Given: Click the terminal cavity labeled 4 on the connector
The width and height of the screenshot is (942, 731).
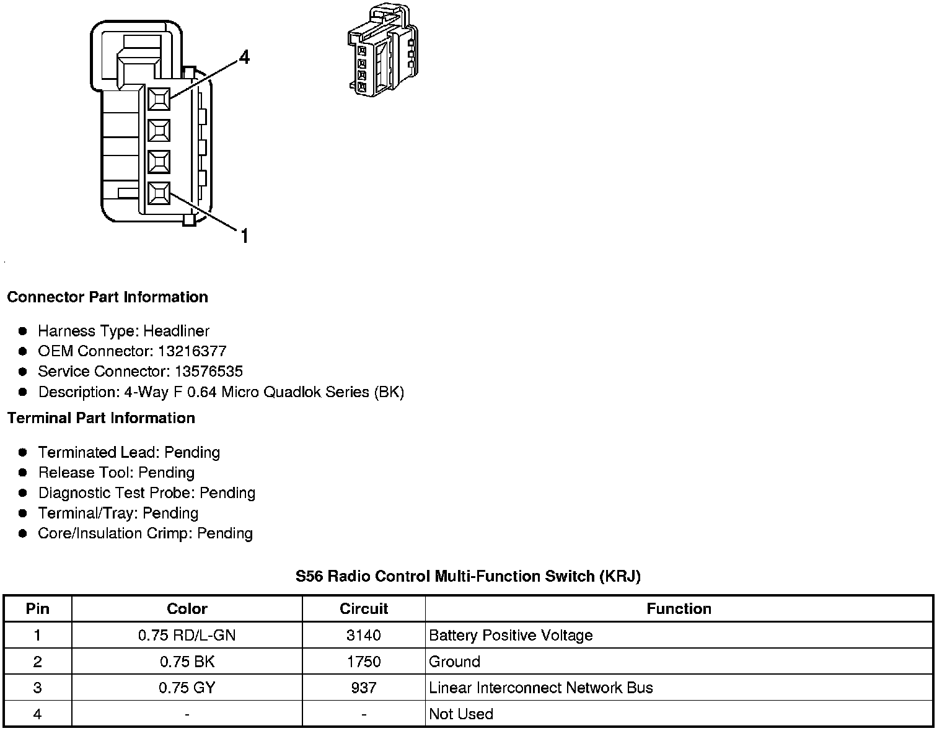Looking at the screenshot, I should [x=159, y=98].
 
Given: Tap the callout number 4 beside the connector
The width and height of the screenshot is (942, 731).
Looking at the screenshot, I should [x=244, y=58].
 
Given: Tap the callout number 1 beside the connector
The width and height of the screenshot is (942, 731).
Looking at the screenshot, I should [x=244, y=236].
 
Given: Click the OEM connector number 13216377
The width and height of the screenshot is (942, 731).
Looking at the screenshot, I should [x=192, y=351].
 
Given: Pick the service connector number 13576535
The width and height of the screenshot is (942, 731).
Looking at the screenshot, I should [x=209, y=372].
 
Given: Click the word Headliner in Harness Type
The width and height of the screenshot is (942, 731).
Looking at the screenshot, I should [x=177, y=331].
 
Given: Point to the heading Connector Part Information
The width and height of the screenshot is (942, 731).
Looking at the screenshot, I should [x=107, y=297].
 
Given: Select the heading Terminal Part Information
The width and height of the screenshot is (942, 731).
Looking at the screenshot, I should [x=101, y=418].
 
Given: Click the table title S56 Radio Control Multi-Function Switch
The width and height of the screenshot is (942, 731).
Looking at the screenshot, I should [x=468, y=577].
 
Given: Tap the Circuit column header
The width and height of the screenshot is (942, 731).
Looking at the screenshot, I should [x=364, y=609].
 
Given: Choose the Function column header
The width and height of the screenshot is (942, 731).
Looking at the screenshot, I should [x=679, y=609].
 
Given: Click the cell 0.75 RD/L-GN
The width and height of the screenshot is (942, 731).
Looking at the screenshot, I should [x=187, y=636].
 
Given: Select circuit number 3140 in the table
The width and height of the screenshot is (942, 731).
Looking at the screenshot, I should [x=364, y=636].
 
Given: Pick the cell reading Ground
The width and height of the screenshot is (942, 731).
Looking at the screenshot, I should [x=454, y=662].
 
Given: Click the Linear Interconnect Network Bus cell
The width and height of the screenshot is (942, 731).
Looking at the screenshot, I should [x=540, y=688].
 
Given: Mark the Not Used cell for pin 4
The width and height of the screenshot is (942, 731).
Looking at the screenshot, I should [x=461, y=714].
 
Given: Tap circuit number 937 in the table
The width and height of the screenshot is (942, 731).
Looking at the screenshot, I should [x=364, y=688].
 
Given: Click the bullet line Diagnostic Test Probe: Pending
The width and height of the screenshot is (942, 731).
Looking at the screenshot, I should [x=146, y=493].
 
